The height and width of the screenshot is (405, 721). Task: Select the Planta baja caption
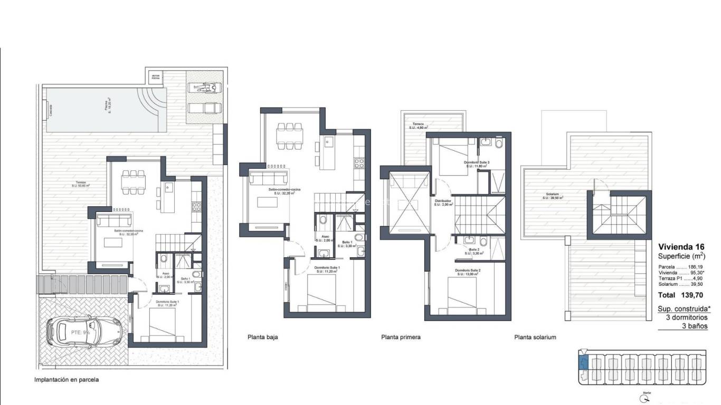262,337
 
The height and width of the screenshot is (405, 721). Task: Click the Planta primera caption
401,337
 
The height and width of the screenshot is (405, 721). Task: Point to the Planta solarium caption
535,337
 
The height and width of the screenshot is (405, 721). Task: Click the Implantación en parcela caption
67,379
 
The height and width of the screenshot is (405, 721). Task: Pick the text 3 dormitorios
687,317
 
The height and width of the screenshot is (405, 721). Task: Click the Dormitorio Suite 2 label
468,272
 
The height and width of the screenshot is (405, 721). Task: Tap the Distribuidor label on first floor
442,202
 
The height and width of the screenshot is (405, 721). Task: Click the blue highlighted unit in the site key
583,363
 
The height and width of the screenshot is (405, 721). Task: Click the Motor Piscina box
156,76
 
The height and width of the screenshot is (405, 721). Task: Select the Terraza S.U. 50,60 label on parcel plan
81,184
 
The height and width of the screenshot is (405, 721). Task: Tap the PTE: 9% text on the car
81,333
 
